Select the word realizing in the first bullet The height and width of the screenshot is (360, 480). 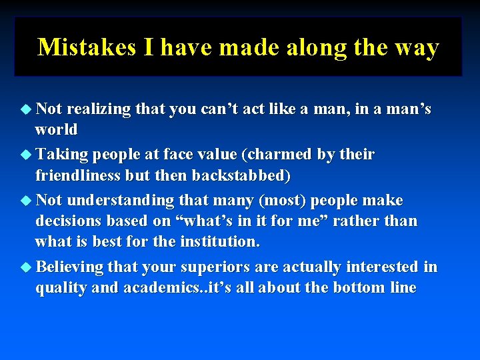pos(99,109)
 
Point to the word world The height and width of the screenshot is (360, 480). pos(57,129)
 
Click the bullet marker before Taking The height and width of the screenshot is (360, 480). pos(26,155)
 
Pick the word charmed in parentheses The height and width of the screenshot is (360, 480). pos(278,155)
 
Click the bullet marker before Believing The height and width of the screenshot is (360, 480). pos(26,267)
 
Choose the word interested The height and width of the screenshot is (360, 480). pos(382,267)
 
